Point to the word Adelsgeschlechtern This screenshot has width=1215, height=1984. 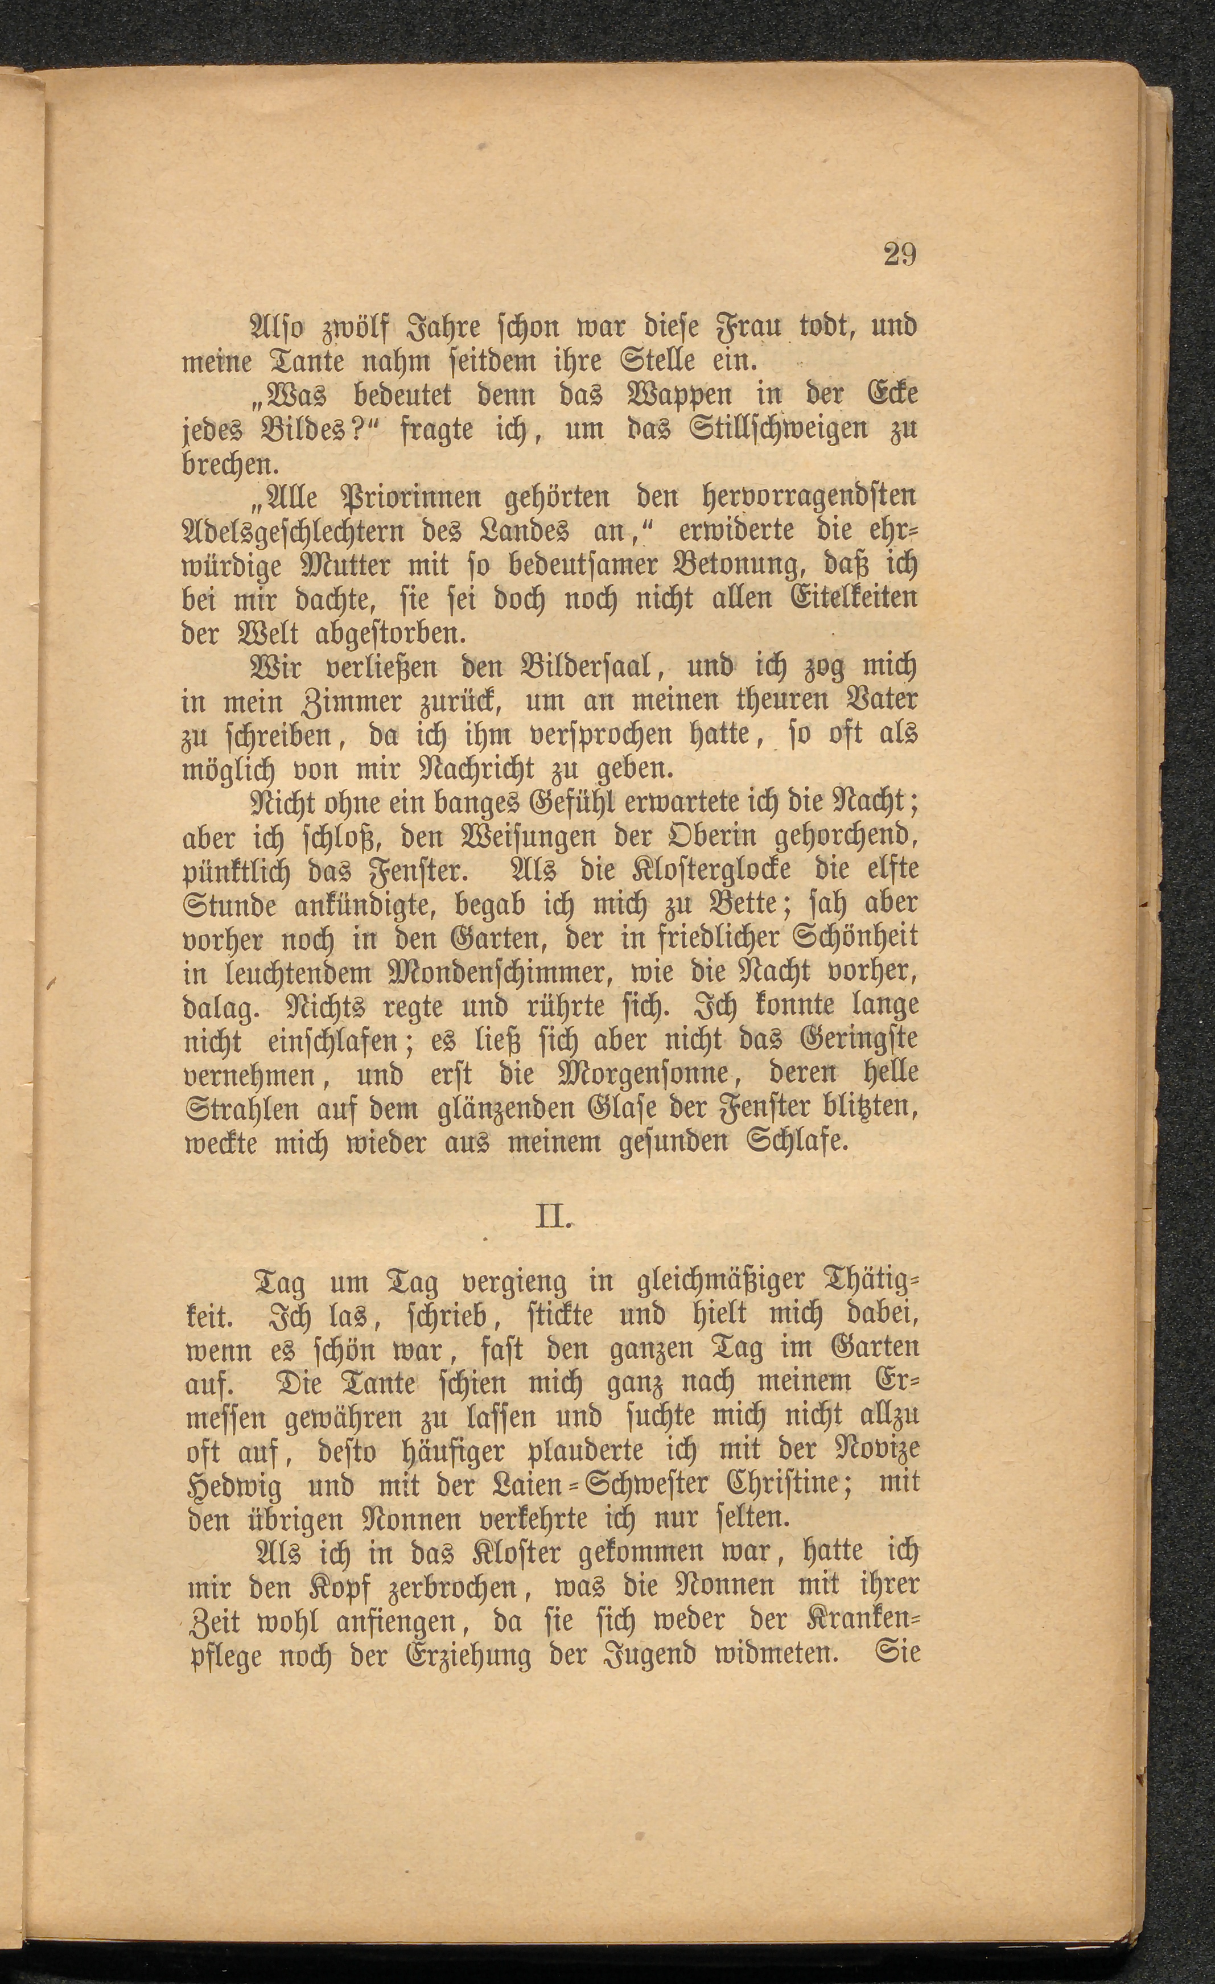307,532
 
